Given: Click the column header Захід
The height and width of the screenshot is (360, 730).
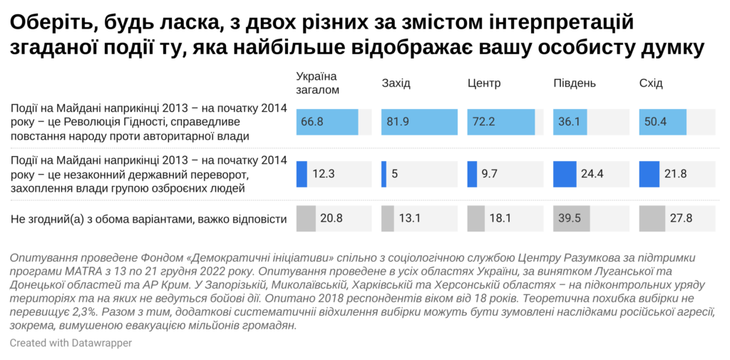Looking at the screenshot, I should (396, 83).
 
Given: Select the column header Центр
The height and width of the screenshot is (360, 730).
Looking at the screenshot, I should (484, 83).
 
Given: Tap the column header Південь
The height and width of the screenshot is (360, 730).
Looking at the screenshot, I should (574, 83).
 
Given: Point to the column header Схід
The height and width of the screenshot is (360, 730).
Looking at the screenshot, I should (651, 83).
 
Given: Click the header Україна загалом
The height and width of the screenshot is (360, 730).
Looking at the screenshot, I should (317, 83).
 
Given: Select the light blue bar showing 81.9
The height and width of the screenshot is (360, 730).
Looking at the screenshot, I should (419, 121).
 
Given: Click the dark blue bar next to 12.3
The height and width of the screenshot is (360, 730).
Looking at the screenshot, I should (302, 174).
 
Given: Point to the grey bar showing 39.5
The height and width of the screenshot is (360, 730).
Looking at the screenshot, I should (570, 218).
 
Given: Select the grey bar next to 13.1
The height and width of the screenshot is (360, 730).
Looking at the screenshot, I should (388, 218).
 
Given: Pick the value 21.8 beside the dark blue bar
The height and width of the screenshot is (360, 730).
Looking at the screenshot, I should (676, 174).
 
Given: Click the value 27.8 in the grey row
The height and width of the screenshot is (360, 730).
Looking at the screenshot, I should (681, 218).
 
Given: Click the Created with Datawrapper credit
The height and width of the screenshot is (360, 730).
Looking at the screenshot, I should (71, 343).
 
